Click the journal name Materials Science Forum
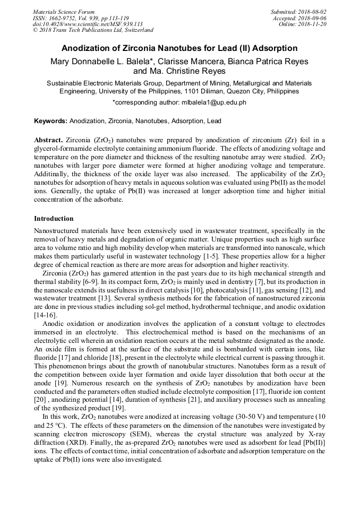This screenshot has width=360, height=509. pos(64,12)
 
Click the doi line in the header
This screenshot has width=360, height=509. pos(88,24)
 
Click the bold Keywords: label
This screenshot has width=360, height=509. pos(51,121)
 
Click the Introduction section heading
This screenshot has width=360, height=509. pos(54,219)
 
